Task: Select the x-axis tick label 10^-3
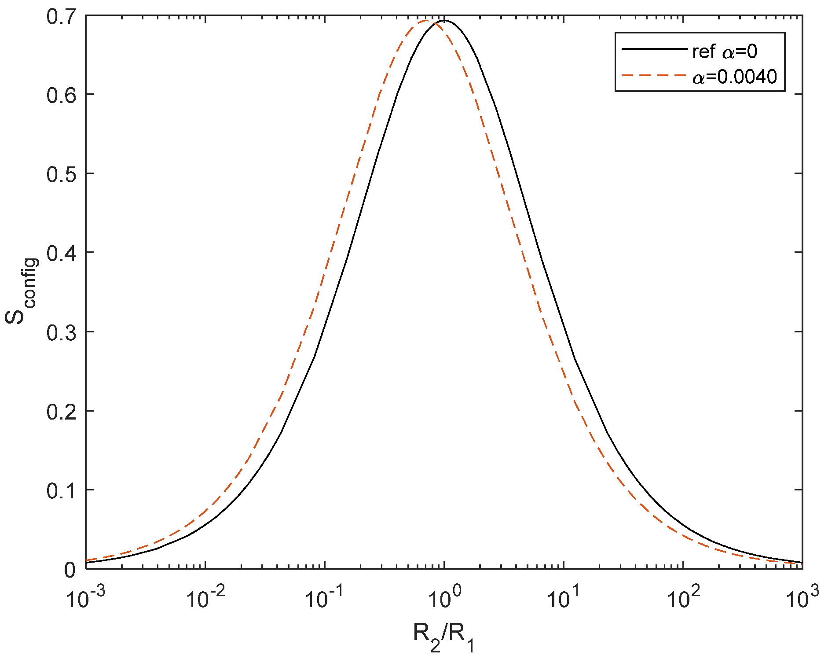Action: point(85,597)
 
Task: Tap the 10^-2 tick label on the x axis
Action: point(205,597)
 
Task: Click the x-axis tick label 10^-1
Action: point(325,597)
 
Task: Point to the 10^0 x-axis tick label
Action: point(444,597)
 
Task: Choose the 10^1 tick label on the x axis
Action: point(564,597)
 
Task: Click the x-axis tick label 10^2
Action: point(684,597)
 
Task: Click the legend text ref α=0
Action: point(725,52)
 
